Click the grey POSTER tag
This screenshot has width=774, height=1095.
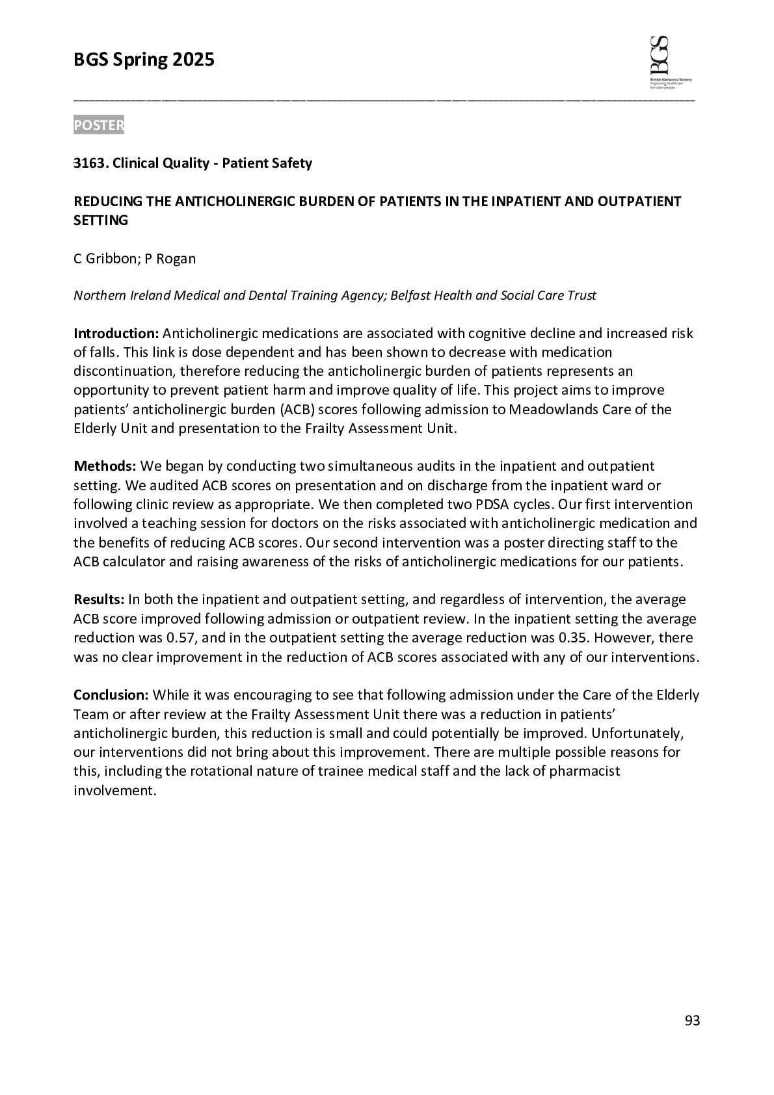point(98,125)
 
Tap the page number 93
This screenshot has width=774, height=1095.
point(692,1021)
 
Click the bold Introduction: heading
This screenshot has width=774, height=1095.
point(116,334)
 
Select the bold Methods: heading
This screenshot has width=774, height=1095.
point(105,466)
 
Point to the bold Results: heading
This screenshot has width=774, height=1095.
point(99,599)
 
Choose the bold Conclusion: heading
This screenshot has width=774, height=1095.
point(111,695)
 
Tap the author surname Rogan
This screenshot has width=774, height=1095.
point(175,259)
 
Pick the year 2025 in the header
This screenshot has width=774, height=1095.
point(193,60)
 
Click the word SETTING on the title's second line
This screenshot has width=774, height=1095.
point(101,220)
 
